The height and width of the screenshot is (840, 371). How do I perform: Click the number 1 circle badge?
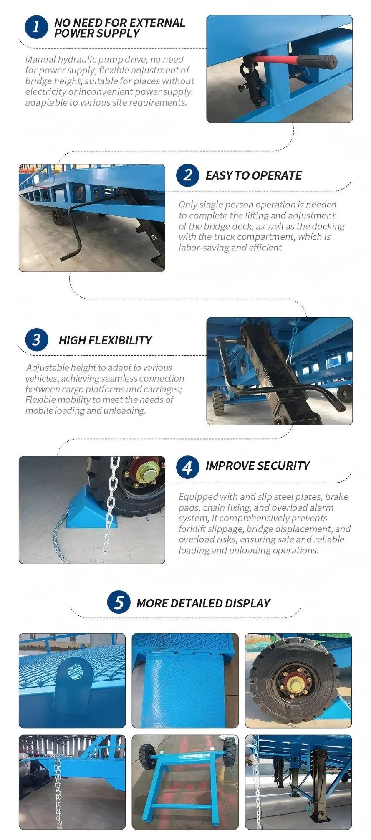point(36,27)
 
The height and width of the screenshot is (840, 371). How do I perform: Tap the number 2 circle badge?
point(187,175)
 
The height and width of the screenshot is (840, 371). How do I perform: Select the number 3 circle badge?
point(36,340)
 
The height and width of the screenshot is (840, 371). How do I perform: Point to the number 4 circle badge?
point(187,467)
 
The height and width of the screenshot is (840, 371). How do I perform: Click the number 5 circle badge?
point(119,602)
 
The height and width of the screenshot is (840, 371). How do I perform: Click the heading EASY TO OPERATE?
point(253,175)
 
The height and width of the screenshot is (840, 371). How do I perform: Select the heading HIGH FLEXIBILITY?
point(105,340)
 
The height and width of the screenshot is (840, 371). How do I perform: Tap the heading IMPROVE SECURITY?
point(257,466)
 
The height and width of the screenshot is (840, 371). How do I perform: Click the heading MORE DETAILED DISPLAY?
point(203,603)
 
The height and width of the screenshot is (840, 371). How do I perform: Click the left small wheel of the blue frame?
point(146,756)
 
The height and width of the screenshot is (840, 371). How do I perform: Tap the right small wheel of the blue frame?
point(229,750)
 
